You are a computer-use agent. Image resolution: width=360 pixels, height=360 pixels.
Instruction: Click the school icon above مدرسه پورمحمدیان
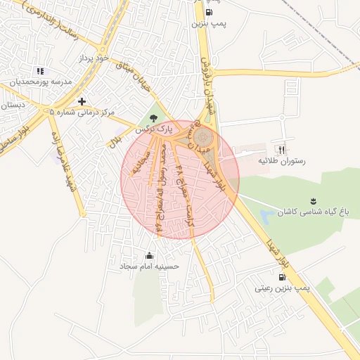point(40,71)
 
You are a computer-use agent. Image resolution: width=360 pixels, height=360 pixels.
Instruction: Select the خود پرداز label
point(95,59)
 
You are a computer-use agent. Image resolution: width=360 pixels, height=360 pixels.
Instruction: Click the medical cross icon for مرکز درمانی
point(82,102)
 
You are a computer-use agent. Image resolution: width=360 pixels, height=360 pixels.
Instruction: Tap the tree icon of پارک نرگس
point(154,117)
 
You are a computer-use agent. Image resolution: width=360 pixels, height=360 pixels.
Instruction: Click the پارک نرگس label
point(154,129)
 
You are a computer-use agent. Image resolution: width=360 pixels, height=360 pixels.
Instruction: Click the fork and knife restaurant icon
point(282,150)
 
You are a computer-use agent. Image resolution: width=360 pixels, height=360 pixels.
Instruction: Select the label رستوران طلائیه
point(282,161)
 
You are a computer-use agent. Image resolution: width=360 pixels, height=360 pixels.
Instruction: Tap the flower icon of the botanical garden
point(313,201)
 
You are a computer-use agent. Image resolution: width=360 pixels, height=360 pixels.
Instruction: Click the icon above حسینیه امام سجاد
point(149,255)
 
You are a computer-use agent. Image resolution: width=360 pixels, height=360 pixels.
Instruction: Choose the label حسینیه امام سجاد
point(149,266)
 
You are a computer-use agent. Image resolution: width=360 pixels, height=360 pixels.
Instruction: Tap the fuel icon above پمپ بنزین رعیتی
point(282,276)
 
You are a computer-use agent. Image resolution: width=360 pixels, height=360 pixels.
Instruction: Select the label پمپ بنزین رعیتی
point(282,288)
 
